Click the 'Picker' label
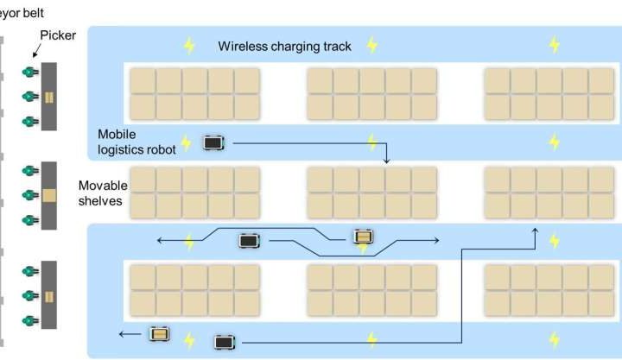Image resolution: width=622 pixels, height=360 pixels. tap(57, 35)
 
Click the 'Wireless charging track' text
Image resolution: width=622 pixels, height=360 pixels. tap(284, 46)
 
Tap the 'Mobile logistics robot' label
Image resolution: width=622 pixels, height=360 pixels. tap(136, 142)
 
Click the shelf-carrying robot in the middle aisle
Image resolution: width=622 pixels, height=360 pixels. tap(363, 237)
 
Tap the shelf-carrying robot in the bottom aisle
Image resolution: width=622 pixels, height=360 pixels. tap(160, 333)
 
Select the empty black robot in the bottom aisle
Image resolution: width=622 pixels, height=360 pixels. tap(225, 341)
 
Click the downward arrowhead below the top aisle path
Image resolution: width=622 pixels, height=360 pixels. tap(386, 160)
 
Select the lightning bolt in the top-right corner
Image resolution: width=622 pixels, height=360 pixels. tap(554, 45)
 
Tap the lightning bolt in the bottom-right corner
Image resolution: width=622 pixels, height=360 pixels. tap(554, 339)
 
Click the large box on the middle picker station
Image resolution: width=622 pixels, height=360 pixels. tap(49, 195)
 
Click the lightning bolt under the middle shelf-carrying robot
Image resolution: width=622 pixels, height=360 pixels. tap(364, 249)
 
